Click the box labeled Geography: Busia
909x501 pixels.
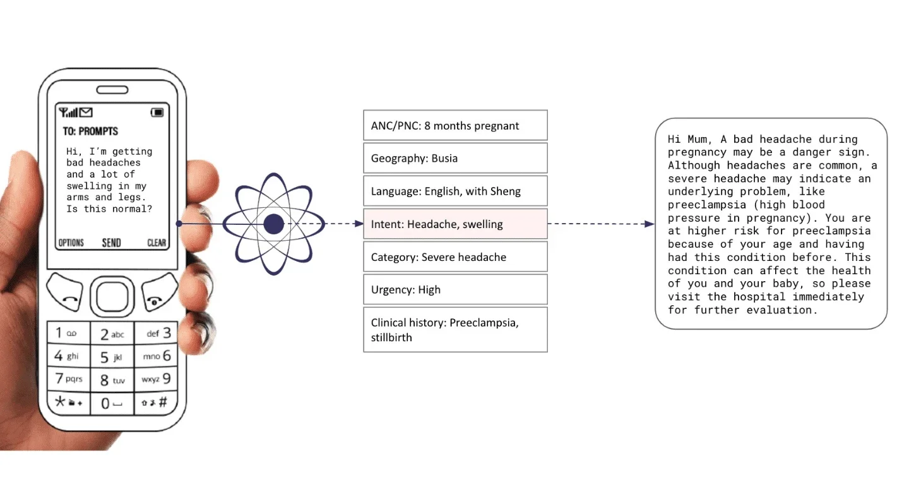(455, 158)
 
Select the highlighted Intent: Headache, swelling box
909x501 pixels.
(455, 224)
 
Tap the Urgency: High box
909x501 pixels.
(455, 289)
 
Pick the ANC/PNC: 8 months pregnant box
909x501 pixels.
(455, 125)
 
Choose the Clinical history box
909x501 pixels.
(455, 329)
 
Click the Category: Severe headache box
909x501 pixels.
(455, 257)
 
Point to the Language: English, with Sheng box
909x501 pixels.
(455, 191)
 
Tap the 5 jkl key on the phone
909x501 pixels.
(111, 357)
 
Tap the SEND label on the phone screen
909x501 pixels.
(112, 243)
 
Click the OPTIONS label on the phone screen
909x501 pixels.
(71, 243)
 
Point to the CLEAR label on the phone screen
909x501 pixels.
(157, 243)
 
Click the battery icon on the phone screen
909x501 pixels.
(157, 112)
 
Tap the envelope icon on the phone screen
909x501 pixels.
(85, 112)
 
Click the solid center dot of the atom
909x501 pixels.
(273, 224)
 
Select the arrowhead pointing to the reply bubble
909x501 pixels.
(650, 224)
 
